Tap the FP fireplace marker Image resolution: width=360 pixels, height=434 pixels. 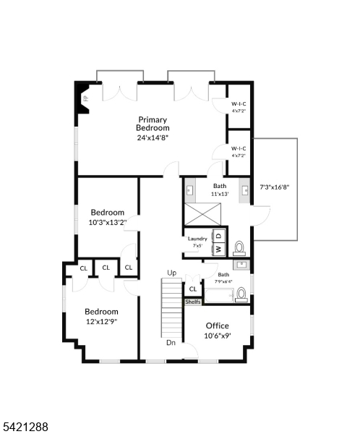click(x=85, y=98)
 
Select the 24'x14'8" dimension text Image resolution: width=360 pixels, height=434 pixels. click(x=153, y=137)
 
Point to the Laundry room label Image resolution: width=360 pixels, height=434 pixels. click(x=197, y=239)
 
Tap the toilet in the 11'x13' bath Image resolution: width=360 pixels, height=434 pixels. click(x=239, y=248)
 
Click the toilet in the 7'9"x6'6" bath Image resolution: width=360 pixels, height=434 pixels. click(x=241, y=293)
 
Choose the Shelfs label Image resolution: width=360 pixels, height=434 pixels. click(x=193, y=302)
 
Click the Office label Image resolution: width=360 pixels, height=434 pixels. click(x=218, y=325)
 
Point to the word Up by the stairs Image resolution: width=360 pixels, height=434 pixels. click(x=171, y=273)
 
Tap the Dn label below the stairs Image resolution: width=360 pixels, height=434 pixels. click(x=171, y=343)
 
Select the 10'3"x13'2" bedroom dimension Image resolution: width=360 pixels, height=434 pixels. click(x=108, y=222)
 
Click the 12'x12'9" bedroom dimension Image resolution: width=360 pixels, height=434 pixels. click(x=101, y=321)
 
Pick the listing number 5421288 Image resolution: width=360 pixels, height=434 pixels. click(x=26, y=427)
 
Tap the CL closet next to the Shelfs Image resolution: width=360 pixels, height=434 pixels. click(x=193, y=289)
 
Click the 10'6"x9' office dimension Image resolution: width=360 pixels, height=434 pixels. click(x=218, y=336)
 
